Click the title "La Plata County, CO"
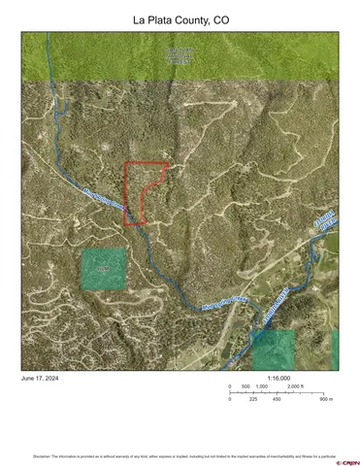(x=180, y=19)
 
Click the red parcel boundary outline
(x=127, y=193)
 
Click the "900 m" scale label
(x=326, y=399)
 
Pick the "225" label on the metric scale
(x=253, y=399)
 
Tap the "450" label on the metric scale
(x=277, y=399)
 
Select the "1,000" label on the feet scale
(x=262, y=386)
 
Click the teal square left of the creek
(x=103, y=269)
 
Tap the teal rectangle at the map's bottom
(x=273, y=349)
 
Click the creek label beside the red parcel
(x=104, y=200)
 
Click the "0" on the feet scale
(x=230, y=386)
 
